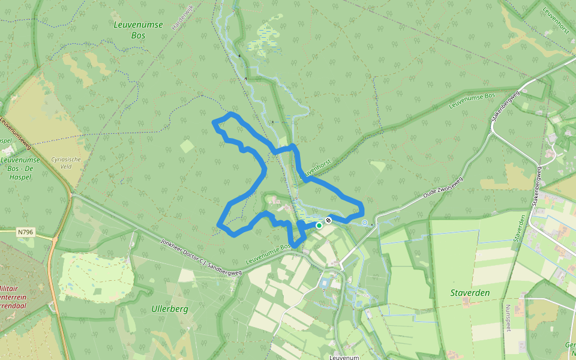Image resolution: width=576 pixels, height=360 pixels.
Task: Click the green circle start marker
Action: [x=319, y=226]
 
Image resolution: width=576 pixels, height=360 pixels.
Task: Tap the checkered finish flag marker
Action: [x=328, y=221]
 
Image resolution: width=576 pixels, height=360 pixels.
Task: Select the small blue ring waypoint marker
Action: [x=364, y=223]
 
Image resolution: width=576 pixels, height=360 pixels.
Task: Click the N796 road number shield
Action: [x=25, y=231]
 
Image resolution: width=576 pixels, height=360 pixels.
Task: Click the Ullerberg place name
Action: [x=170, y=309]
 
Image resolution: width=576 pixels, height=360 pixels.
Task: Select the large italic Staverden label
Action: [x=470, y=293]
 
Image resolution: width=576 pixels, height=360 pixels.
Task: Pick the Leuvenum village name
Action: [x=344, y=357]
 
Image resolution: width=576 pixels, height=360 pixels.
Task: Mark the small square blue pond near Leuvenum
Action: [x=326, y=282]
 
